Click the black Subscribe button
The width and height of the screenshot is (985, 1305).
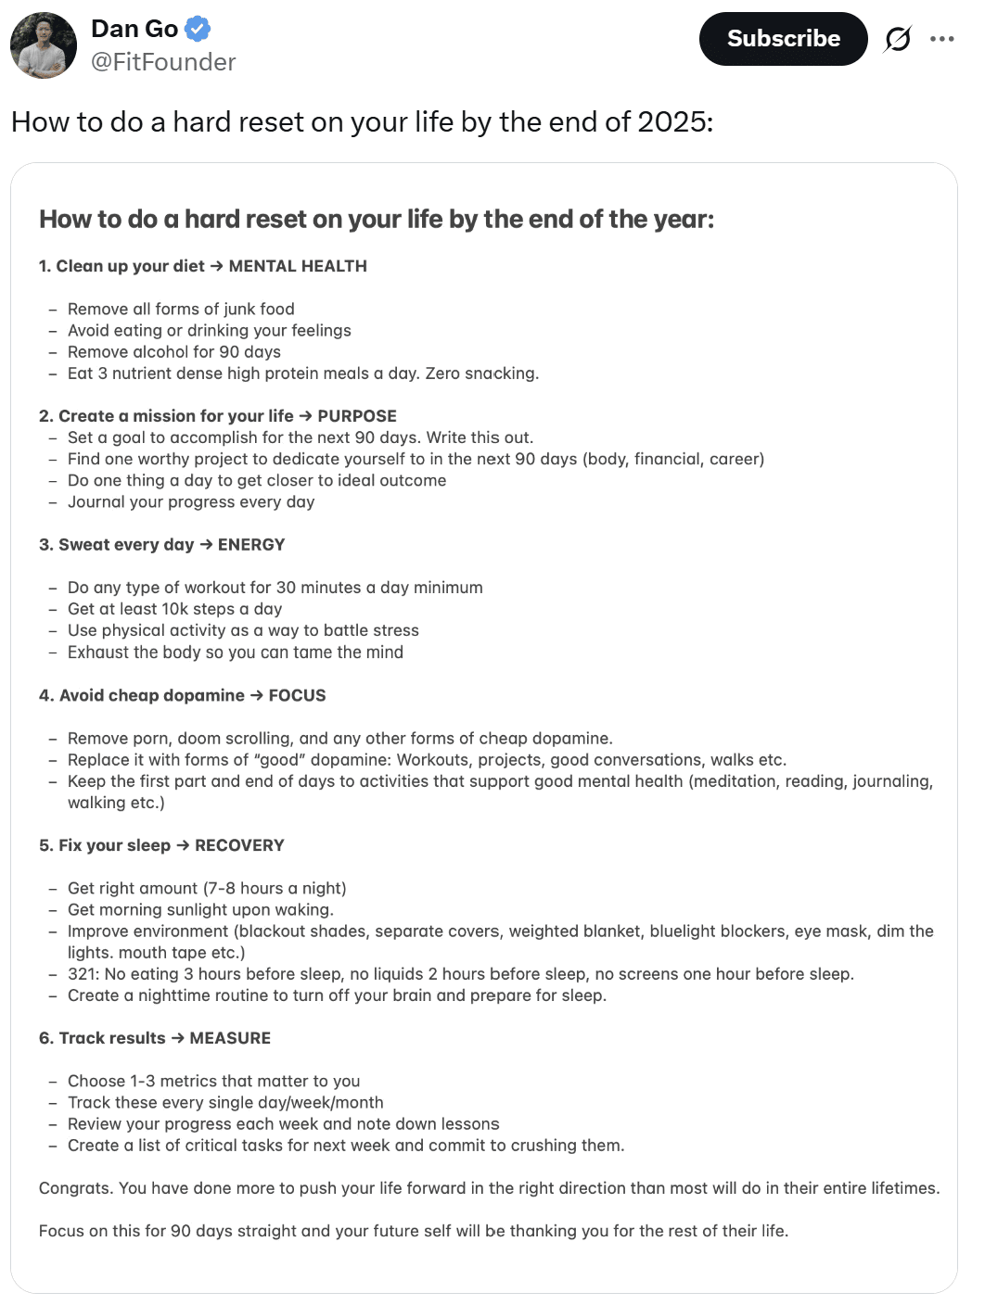(x=783, y=39)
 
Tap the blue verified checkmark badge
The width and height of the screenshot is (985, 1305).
(x=198, y=30)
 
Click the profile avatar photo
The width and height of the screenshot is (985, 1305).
(x=44, y=45)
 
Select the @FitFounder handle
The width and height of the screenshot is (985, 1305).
(x=163, y=62)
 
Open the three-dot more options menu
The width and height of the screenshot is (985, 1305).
(x=941, y=39)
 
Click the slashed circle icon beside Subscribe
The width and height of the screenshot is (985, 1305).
(x=897, y=39)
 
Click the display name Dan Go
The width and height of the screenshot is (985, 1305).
(x=134, y=29)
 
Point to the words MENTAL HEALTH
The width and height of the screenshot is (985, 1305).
(x=298, y=267)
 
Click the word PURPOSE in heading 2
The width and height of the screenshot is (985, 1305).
(x=357, y=417)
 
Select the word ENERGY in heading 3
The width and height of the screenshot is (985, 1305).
(x=251, y=545)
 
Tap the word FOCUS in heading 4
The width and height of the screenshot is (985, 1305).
(x=297, y=696)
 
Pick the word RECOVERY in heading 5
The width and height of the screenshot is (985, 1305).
(x=239, y=846)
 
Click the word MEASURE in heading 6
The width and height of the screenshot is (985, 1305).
(x=230, y=1039)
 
